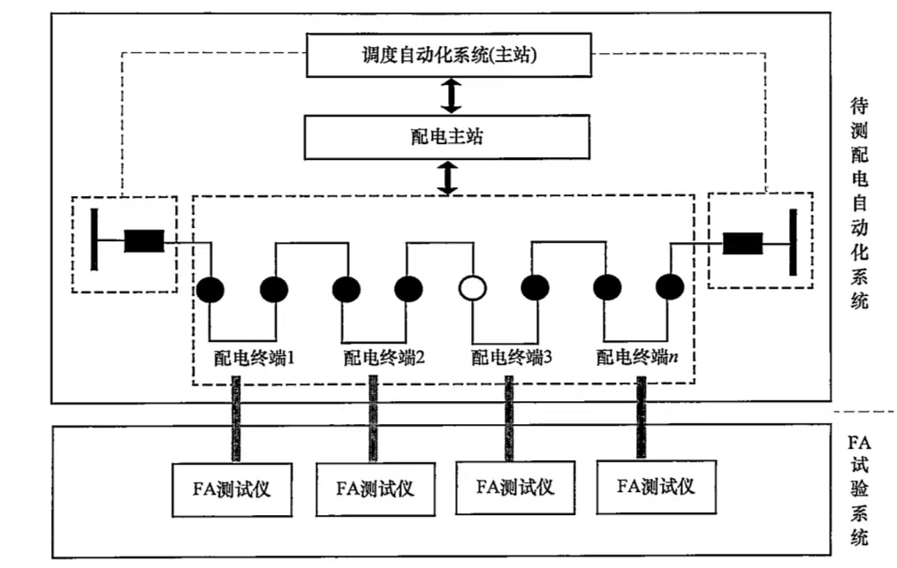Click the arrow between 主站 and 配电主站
tap(452, 95)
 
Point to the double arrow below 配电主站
tap(450, 178)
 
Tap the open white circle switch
tap(473, 288)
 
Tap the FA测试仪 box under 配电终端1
tap(233, 487)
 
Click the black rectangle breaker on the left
tap(143, 241)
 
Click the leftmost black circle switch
tap(209, 288)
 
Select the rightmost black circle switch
tap(670, 287)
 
